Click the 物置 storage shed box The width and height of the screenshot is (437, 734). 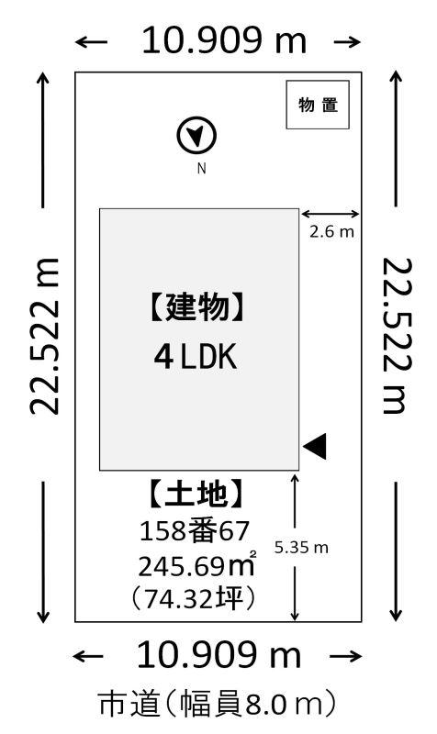318,105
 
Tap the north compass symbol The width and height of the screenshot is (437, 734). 196,135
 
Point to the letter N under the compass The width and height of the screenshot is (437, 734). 201,168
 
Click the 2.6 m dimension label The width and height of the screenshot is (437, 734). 331,232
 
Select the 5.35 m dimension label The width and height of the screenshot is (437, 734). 301,547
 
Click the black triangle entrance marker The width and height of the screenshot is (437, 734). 315,446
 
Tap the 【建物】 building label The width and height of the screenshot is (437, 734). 197,307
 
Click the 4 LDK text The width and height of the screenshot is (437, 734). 196,357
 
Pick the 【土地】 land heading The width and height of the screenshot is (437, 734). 196,494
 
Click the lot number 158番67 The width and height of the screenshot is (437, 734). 195,531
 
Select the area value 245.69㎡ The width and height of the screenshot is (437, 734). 197,565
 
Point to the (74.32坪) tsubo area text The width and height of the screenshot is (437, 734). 194,598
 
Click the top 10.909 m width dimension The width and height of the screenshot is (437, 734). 224,40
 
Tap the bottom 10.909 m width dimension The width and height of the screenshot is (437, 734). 218,655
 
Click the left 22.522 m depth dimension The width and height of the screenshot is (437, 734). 44,336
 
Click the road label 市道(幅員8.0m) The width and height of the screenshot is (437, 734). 218,704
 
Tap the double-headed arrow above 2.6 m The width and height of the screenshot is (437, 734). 331,215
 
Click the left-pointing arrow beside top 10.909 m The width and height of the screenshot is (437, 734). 91,42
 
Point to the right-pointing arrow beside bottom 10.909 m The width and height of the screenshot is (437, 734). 346,656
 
